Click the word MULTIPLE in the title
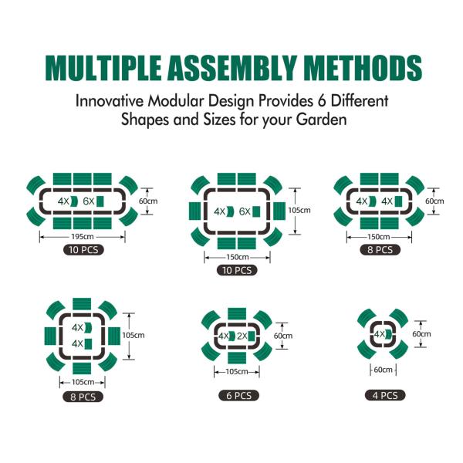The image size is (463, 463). tap(103, 68)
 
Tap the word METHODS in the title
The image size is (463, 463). tap(363, 68)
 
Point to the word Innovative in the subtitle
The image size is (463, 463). tap(110, 101)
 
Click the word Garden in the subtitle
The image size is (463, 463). tap(321, 120)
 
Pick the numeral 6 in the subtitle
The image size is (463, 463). tap(322, 101)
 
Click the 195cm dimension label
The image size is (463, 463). tap(83, 237)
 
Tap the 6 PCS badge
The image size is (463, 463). tap(238, 395)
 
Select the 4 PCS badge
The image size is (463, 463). tap(385, 395)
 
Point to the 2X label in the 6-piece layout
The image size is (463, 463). tap(242, 336)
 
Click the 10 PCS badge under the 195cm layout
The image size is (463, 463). tap(83, 250)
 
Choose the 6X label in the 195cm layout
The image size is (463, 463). tap(89, 201)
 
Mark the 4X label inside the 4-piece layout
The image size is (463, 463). tap(380, 334)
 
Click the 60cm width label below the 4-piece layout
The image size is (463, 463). tap(383, 370)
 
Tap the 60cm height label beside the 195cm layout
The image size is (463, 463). tap(148, 201)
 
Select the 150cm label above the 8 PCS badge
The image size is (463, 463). tap(379, 237)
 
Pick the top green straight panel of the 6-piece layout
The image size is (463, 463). tap(237, 314)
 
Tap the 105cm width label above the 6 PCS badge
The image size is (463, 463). tap(237, 371)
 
